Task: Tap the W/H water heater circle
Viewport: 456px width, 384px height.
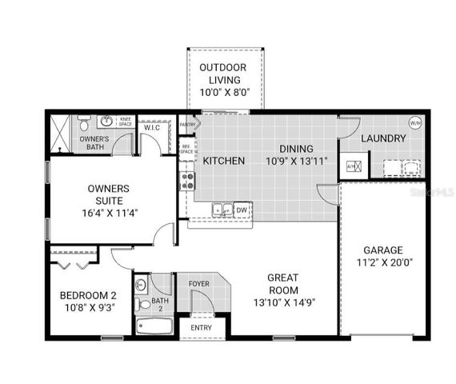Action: pyautogui.click(x=415, y=123)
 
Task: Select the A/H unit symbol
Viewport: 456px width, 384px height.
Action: pyautogui.click(x=353, y=167)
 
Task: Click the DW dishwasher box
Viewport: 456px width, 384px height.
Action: pyautogui.click(x=242, y=210)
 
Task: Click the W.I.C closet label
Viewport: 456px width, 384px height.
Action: pyautogui.click(x=151, y=127)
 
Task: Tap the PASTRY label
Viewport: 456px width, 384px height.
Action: pyautogui.click(x=188, y=125)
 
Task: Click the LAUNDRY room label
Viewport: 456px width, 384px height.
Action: pyautogui.click(x=383, y=138)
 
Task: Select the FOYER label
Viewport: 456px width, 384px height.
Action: pyautogui.click(x=198, y=284)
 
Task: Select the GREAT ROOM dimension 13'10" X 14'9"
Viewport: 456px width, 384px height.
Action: pyautogui.click(x=282, y=302)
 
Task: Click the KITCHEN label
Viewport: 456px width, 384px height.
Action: pyautogui.click(x=224, y=161)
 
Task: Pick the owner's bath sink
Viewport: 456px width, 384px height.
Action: pyautogui.click(x=106, y=122)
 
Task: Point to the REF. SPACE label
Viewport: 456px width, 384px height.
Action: pyautogui.click(x=186, y=149)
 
